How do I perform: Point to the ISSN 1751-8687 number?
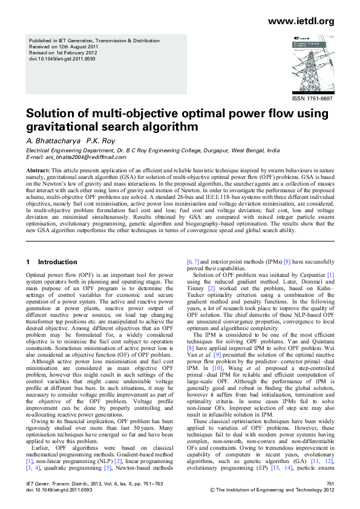tap(312, 98)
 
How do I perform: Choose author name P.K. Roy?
tap(100, 141)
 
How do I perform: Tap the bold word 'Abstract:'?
tap(38, 172)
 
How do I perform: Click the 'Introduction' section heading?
tap(57, 262)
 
